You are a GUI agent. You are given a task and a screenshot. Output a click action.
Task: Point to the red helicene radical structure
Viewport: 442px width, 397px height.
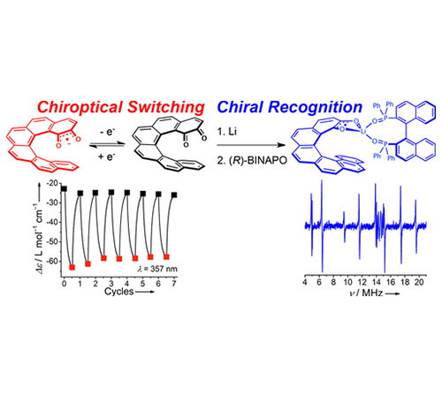coord(50,149)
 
